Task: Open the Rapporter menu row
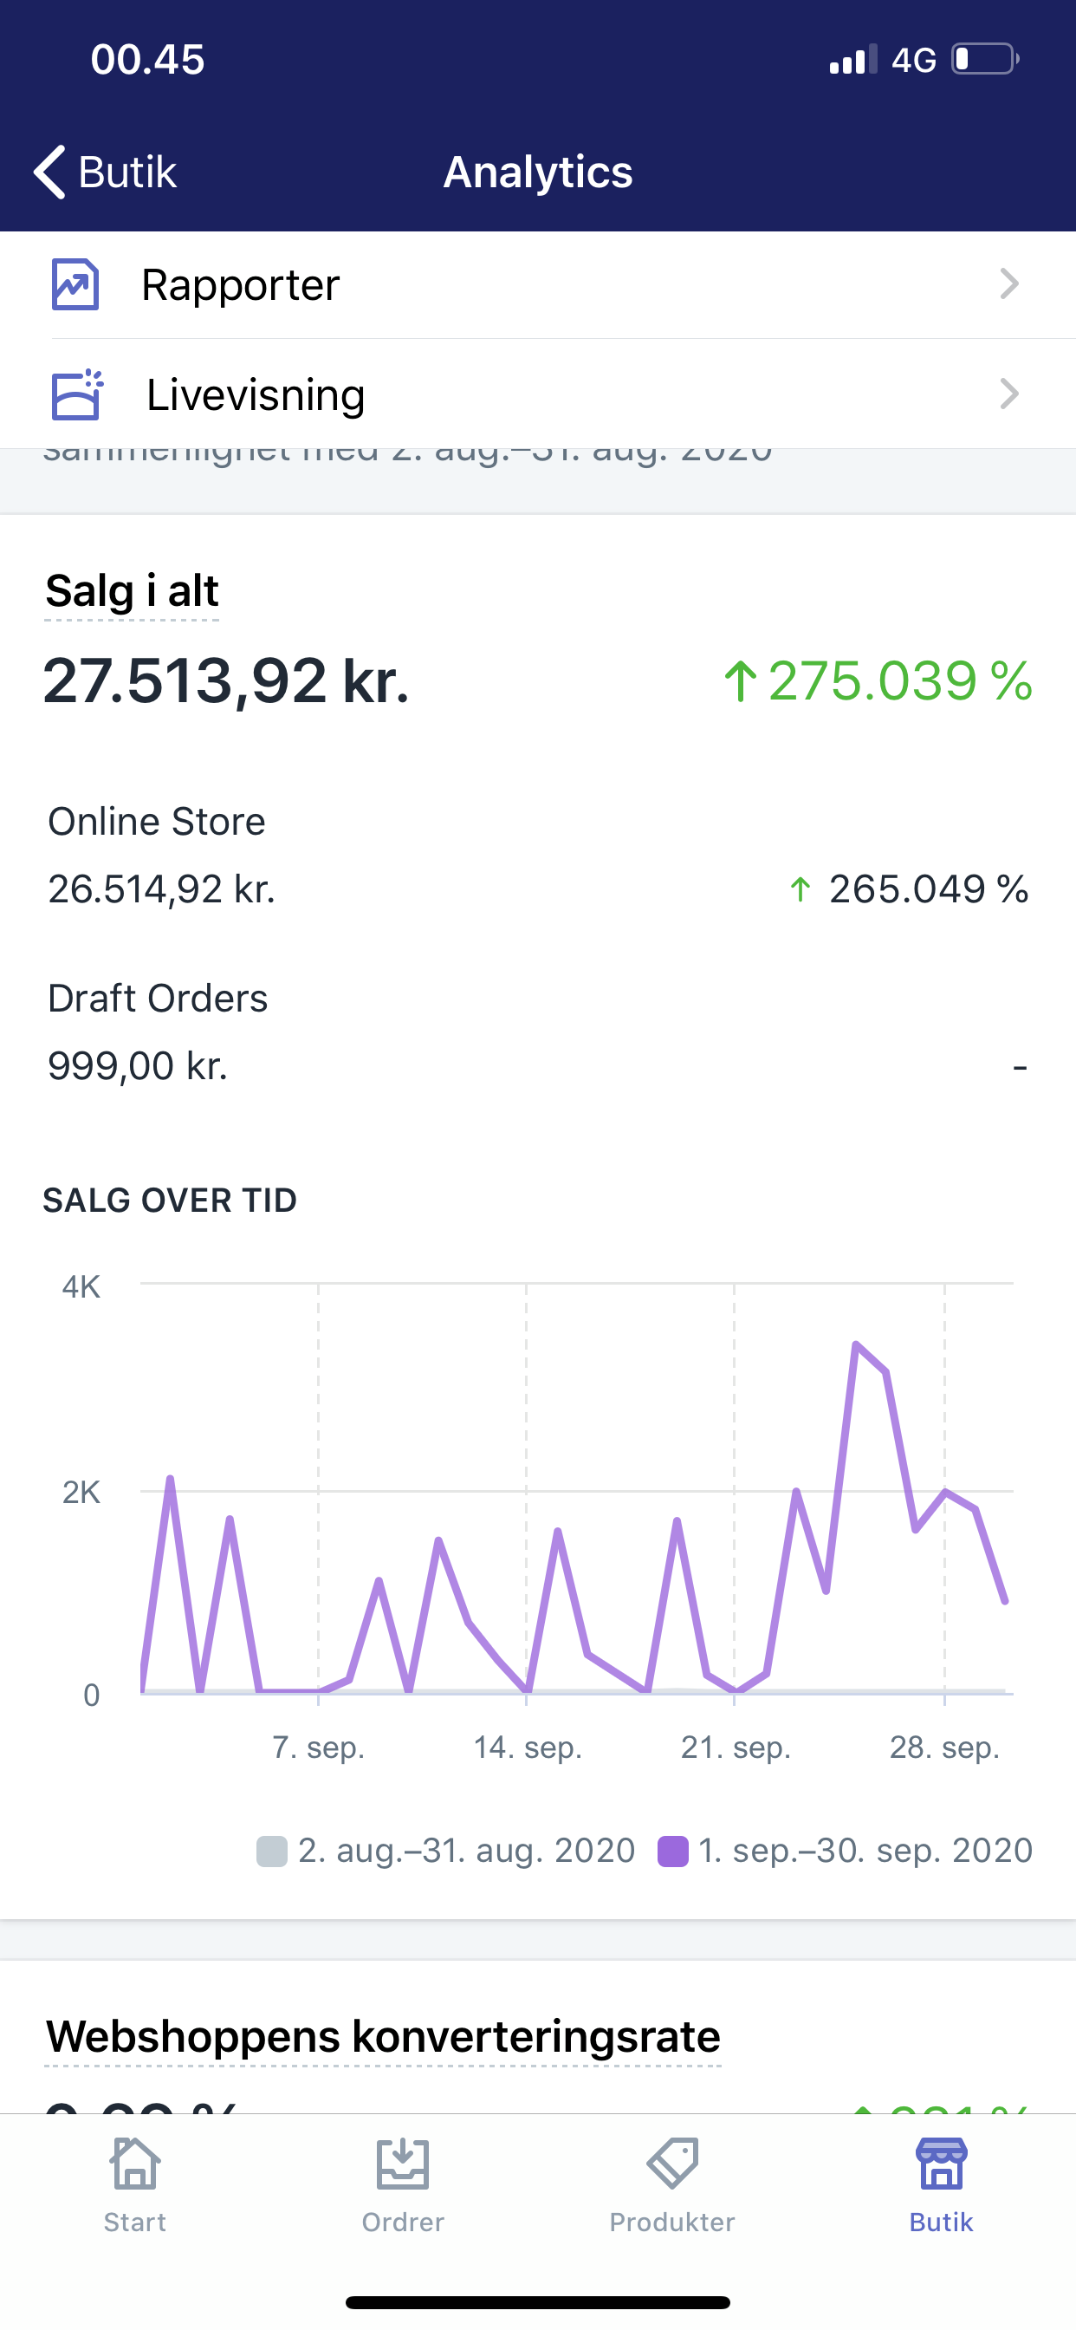coord(537,285)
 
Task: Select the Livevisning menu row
coord(537,394)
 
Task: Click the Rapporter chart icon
coord(75,285)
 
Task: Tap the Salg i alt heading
coord(132,591)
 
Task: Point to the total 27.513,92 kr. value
coord(226,681)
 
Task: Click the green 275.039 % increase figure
coord(878,681)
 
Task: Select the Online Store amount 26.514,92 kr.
coord(161,889)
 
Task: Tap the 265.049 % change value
coord(909,889)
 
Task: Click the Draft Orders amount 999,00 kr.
coord(138,1065)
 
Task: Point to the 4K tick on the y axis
coord(81,1286)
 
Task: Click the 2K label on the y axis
coord(81,1492)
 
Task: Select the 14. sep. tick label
coord(527,1747)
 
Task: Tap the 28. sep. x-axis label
coord(944,1747)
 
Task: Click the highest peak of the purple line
coord(855,1345)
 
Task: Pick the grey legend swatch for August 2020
coord(271,1851)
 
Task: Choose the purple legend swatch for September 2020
coord(673,1851)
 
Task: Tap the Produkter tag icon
coord(671,2164)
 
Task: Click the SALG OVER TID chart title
coord(170,1201)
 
